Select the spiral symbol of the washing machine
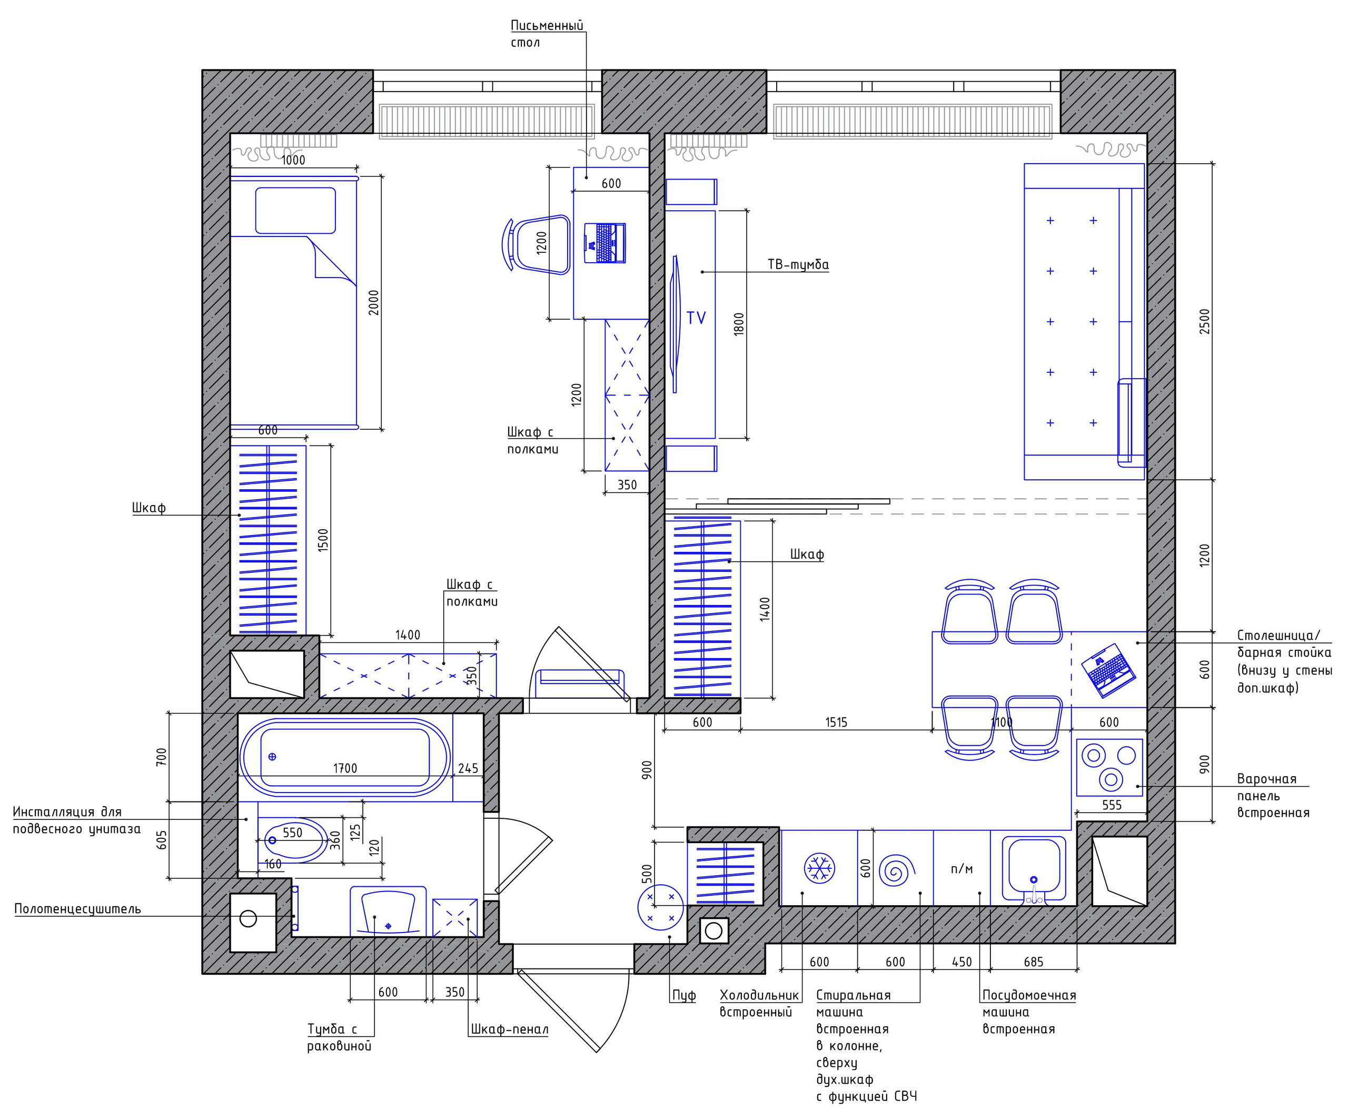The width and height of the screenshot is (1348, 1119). click(897, 870)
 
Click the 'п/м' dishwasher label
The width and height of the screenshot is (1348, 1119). click(962, 869)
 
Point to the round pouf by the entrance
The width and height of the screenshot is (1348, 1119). click(660, 908)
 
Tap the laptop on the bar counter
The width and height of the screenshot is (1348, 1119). click(1108, 670)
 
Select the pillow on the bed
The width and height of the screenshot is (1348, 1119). click(295, 211)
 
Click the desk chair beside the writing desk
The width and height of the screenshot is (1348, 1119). click(536, 245)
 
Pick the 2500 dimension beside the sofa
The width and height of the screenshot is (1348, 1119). click(1204, 321)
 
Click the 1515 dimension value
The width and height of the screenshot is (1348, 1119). click(836, 722)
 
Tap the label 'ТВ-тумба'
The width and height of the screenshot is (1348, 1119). click(798, 264)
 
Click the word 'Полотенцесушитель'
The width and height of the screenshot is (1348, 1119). click(78, 909)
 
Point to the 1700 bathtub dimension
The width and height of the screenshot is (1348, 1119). click(345, 768)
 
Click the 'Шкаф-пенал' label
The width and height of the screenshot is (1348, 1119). click(510, 1030)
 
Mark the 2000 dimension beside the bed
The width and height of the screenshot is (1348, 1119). click(373, 302)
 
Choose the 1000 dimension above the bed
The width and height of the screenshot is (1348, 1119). click(293, 160)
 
